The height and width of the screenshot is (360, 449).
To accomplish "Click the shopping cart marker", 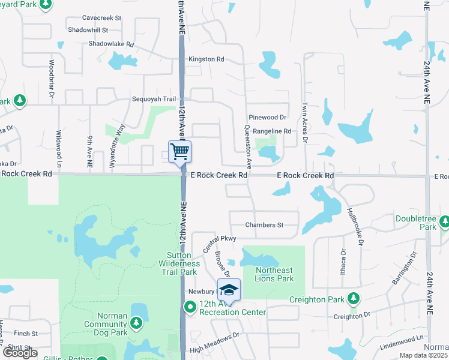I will (x=180, y=151).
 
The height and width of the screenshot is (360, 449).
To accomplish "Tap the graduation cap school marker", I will (x=229, y=290).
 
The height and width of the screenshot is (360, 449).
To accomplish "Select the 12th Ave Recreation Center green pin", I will (x=190, y=308).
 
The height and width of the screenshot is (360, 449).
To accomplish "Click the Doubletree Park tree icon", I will (x=444, y=223).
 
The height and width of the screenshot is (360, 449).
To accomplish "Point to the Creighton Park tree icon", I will (x=354, y=299).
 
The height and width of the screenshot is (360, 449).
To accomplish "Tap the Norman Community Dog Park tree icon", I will (x=136, y=323).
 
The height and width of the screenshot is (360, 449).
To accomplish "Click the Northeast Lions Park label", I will (x=274, y=274).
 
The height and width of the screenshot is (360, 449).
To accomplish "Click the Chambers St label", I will (x=264, y=225).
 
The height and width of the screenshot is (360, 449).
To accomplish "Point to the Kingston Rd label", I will (x=206, y=59).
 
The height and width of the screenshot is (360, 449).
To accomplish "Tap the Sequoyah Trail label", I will (x=154, y=100).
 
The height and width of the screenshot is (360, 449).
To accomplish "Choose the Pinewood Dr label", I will (x=267, y=117).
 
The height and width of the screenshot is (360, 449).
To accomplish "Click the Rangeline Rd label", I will (x=271, y=131).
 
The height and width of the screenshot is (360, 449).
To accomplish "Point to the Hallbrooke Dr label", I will (x=355, y=226).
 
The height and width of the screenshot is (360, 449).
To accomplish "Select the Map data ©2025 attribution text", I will (x=423, y=355).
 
